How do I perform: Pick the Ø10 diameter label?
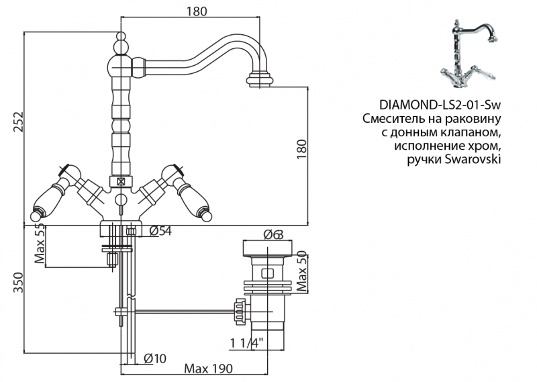154,359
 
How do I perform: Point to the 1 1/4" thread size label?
246,343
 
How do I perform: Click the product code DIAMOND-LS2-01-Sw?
440,105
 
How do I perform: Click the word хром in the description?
487,146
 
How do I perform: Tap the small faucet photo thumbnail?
470,52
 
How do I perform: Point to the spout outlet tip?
262,82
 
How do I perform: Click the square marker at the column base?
121,181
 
